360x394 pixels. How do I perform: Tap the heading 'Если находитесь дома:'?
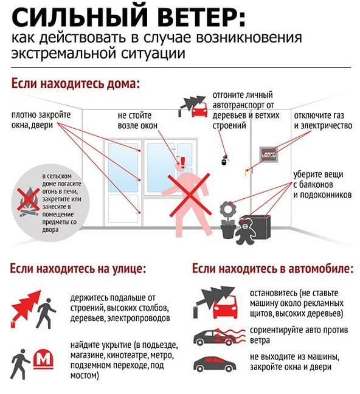click(x=75, y=84)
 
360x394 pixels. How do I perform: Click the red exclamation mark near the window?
click(x=183, y=162)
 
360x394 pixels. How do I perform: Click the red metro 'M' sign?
click(x=44, y=359)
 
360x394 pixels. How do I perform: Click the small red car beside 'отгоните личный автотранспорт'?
click(x=199, y=110)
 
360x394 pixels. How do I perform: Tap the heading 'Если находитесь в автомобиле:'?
click(x=273, y=268)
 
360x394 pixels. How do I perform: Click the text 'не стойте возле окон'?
click(x=137, y=120)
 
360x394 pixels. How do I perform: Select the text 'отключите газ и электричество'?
click(x=323, y=120)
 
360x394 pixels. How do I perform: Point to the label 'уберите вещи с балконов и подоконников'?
click(x=322, y=184)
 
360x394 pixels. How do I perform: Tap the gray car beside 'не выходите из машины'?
click(x=215, y=364)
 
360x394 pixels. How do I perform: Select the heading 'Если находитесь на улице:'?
click(x=78, y=268)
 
